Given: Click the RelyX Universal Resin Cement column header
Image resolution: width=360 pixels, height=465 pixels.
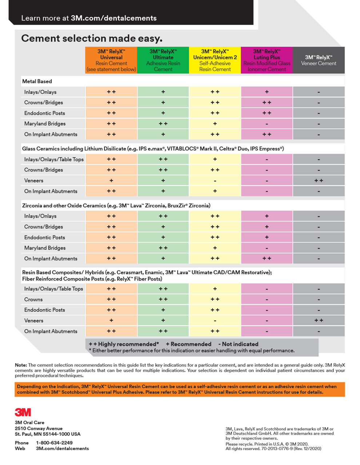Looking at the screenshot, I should coord(111,60).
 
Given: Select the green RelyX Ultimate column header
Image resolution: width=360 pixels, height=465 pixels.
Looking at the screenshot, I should coord(163,60).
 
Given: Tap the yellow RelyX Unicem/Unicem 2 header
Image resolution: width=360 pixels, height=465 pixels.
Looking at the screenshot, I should coord(215,60).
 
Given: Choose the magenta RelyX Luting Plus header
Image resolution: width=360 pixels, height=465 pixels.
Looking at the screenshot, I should coord(267,60).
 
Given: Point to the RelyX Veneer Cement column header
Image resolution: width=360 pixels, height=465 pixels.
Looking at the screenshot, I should coord(319,60).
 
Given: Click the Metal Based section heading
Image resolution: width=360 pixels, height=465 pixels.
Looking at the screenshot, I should coord(37,81).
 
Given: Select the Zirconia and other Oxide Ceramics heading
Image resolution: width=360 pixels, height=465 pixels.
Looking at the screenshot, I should coord(116,206).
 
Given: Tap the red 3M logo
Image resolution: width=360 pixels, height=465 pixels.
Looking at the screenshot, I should coord(23,412).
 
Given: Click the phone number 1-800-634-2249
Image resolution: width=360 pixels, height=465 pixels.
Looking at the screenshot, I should coord(54,443).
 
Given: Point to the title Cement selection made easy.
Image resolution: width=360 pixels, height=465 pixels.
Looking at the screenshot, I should coord(92,39).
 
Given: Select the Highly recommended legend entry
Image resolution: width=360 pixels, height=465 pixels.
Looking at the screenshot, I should coord(124,344).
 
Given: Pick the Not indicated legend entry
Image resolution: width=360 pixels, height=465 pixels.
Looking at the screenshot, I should coord(239,344).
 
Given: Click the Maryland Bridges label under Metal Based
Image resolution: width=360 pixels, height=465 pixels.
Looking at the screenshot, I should coord(45,124).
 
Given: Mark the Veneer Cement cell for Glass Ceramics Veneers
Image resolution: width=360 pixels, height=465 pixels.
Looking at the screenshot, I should coord(319,181).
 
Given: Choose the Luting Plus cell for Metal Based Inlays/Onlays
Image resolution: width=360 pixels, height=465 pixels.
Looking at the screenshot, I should coord(267,92).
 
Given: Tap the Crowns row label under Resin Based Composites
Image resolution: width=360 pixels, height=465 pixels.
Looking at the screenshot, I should coord(33,300).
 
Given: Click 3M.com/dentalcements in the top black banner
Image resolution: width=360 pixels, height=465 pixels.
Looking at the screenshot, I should coord(114,18).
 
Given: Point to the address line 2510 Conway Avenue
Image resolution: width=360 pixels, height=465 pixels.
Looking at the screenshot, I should coord(39,429).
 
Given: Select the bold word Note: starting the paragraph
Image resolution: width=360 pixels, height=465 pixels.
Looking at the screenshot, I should coord(21,365).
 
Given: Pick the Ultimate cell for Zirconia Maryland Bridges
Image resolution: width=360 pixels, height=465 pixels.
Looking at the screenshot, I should coord(163,248).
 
